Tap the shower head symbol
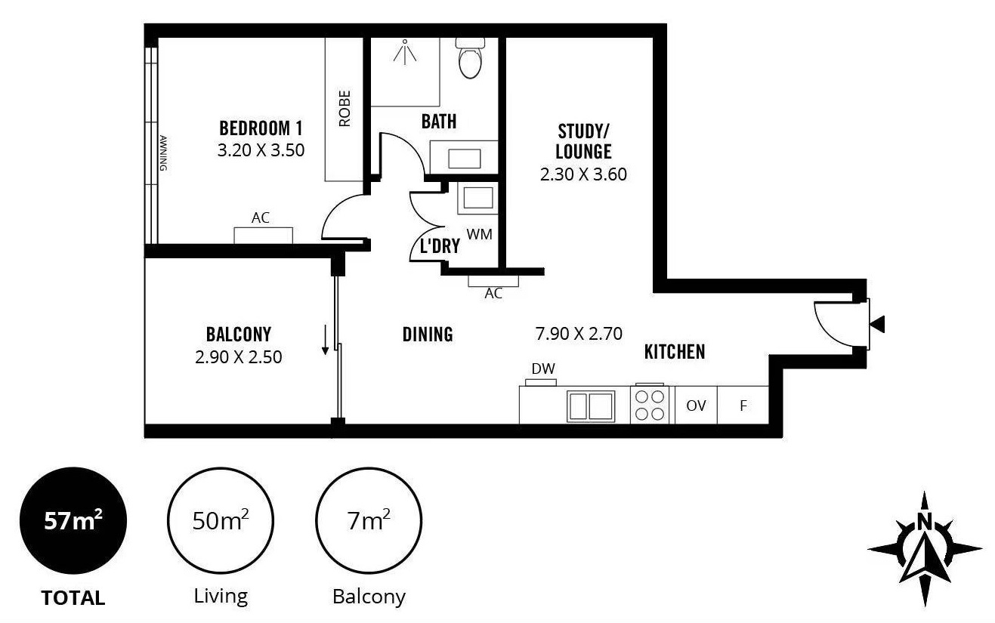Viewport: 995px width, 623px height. (x=405, y=51)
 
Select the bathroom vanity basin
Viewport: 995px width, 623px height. (x=464, y=158)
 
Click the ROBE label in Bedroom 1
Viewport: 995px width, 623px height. (x=345, y=108)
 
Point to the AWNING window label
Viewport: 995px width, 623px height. (x=163, y=153)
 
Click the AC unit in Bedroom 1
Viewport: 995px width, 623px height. (x=264, y=236)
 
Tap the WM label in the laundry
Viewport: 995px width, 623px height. (x=479, y=234)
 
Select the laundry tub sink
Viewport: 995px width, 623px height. (x=478, y=198)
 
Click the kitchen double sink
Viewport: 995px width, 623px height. (x=591, y=406)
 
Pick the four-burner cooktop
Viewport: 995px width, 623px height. (x=650, y=405)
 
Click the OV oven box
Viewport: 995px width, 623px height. (x=696, y=405)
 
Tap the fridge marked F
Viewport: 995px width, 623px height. (x=743, y=405)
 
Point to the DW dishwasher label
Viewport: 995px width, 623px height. (x=542, y=369)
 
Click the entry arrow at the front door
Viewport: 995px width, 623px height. (x=877, y=324)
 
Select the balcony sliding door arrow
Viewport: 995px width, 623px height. (x=325, y=340)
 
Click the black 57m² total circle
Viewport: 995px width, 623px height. (x=73, y=520)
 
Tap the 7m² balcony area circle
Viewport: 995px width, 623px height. (x=369, y=520)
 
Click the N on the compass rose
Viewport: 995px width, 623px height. (x=925, y=522)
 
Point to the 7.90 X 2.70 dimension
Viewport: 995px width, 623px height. (x=579, y=334)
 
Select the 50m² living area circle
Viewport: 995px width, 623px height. (x=221, y=520)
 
